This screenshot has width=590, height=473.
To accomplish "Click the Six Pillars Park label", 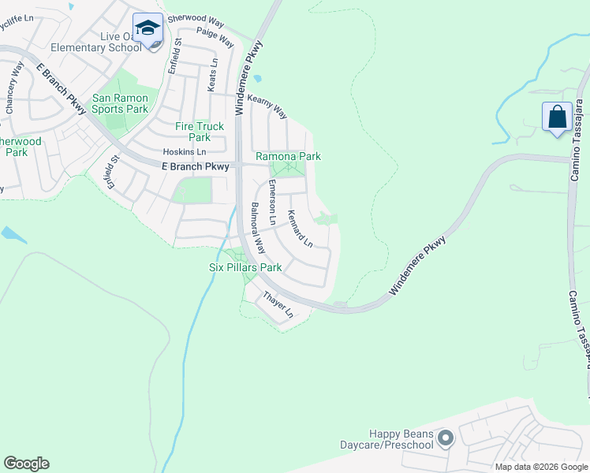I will point(245,268).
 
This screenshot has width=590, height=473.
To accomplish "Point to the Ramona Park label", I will point(288,157).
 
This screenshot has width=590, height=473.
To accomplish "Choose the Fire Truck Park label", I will point(200,132).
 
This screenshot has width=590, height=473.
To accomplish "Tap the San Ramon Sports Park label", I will point(120,103).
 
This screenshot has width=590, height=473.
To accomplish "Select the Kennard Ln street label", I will point(301,229).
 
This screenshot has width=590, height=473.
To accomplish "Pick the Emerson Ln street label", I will point(272,202).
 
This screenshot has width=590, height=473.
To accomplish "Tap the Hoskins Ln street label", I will point(184,152).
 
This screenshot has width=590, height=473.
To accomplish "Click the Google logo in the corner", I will point(26,464).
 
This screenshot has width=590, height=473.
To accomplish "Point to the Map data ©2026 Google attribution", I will point(541,467).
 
